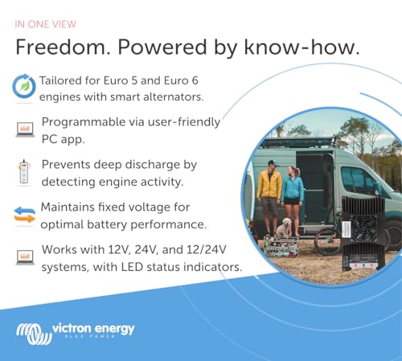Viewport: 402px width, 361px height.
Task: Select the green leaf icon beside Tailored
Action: pyautogui.click(x=23, y=85)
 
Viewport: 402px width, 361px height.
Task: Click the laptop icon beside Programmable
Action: pyautogui.click(x=24, y=128)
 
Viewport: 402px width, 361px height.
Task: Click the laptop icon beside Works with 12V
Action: pyautogui.click(x=24, y=257)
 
